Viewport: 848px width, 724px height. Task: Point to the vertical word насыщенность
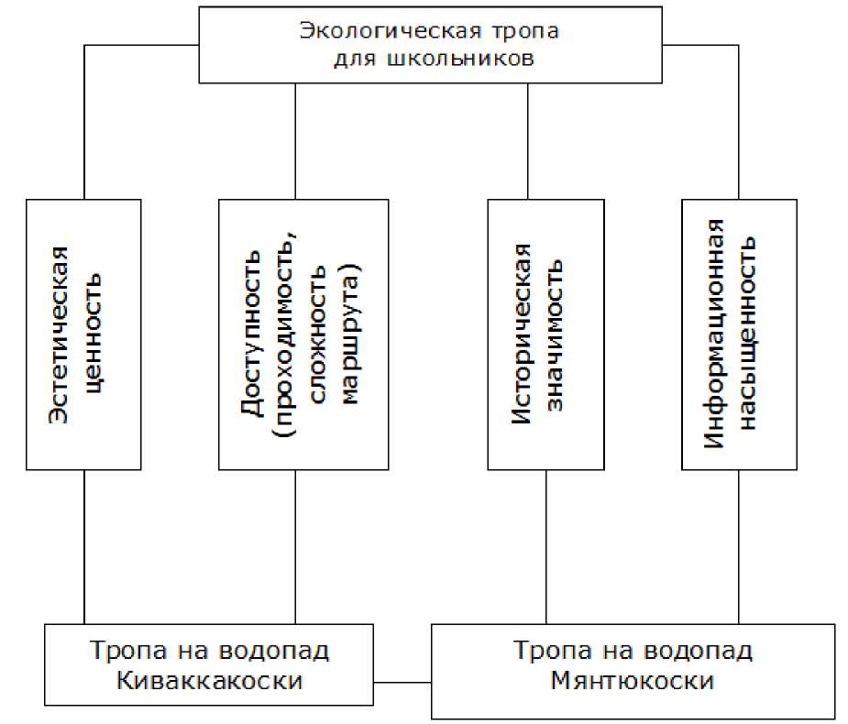749,334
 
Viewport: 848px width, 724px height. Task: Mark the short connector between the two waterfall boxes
402,682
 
